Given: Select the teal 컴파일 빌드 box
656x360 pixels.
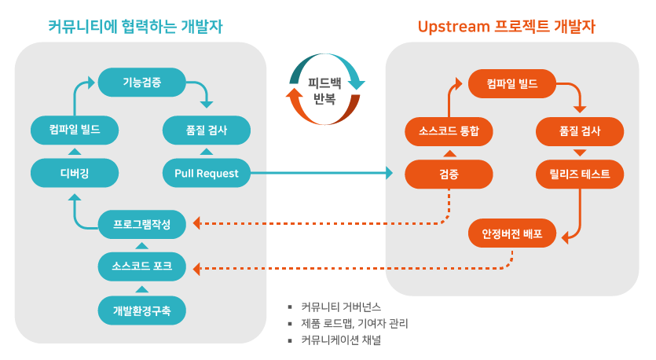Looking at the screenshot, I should tap(75, 130).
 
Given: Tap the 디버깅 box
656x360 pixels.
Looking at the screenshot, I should tap(75, 173).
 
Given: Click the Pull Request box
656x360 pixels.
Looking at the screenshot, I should tap(207, 173).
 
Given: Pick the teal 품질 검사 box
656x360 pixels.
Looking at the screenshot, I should tap(207, 130).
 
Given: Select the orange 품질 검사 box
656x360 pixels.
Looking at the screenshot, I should tap(581, 131).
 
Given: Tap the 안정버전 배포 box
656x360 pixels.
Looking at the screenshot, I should tap(512, 233).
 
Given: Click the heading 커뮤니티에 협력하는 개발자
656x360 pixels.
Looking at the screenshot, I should tap(136, 27).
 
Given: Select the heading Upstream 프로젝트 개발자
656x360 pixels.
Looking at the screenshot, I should tap(506, 27).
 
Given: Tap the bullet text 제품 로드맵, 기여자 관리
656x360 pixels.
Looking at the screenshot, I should tap(354, 323).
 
